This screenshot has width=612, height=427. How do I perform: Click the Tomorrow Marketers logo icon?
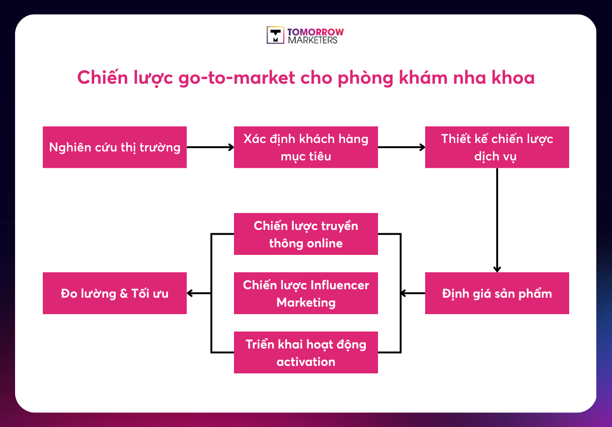coord(275,35)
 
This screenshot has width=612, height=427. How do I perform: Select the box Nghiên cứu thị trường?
coord(114,147)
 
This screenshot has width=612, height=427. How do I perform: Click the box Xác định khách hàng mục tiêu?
coord(306,147)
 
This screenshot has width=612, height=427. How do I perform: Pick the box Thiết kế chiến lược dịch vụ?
coord(497,147)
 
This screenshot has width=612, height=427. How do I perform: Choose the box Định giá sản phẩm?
coord(497,293)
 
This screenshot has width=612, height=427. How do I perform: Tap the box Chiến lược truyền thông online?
coord(306,234)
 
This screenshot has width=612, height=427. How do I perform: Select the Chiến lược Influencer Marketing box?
coord(306,293)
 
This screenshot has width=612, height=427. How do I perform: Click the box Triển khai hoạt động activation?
coord(306,353)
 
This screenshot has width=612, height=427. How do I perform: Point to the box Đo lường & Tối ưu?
coord(114,293)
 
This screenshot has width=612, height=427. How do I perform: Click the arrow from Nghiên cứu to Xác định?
coord(210,147)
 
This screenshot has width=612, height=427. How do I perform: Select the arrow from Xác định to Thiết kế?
coord(401,147)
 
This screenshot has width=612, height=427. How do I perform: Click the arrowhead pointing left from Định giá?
coord(404,293)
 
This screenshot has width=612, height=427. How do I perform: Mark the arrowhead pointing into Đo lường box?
coord(190,293)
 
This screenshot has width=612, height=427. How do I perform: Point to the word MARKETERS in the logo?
coord(313,40)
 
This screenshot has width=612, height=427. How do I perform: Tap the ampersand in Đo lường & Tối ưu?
coord(124,294)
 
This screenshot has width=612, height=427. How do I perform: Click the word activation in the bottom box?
coord(306,362)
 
